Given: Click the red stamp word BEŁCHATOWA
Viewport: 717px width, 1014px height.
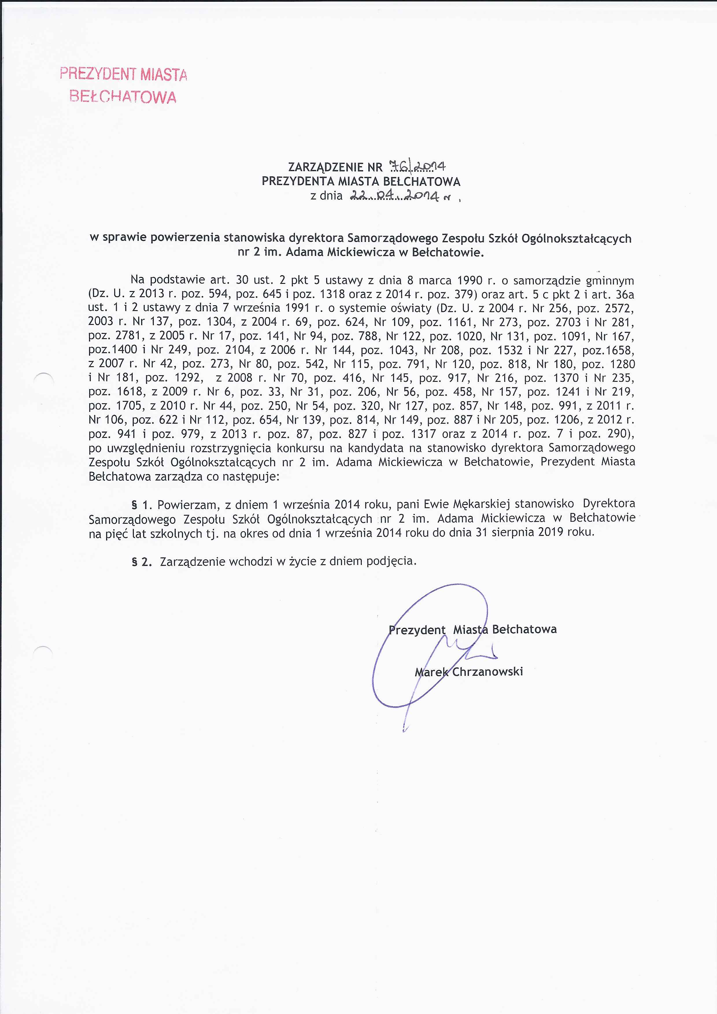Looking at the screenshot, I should pyautogui.click(x=123, y=97).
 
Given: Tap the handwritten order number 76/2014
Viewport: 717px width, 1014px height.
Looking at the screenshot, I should pyautogui.click(x=417, y=166).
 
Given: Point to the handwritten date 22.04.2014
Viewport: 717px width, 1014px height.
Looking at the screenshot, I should pyautogui.click(x=394, y=196).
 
